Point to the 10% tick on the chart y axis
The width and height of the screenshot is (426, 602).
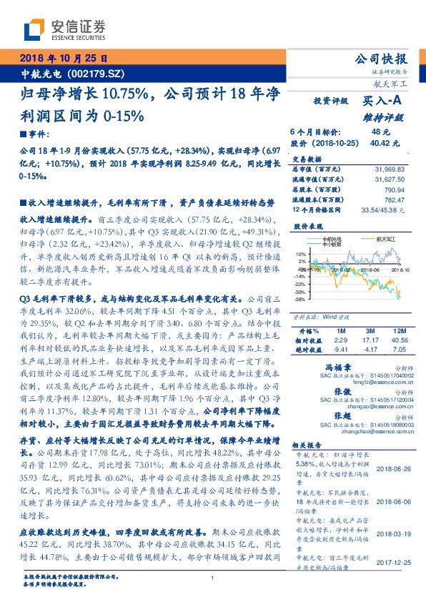301,254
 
